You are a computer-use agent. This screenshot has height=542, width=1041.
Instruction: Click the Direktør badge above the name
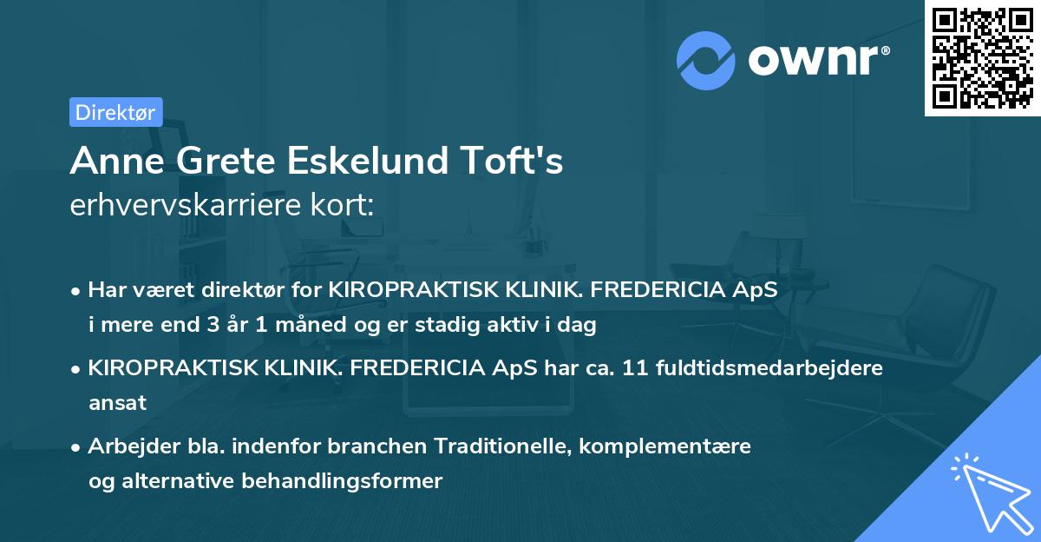coord(115,112)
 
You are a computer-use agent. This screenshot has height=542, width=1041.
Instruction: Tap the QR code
coord(982,57)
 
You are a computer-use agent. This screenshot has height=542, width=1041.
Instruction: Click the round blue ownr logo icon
coord(706,60)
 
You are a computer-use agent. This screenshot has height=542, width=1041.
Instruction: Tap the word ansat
coord(118,402)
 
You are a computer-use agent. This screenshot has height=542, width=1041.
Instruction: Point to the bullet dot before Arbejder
coord(77,446)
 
